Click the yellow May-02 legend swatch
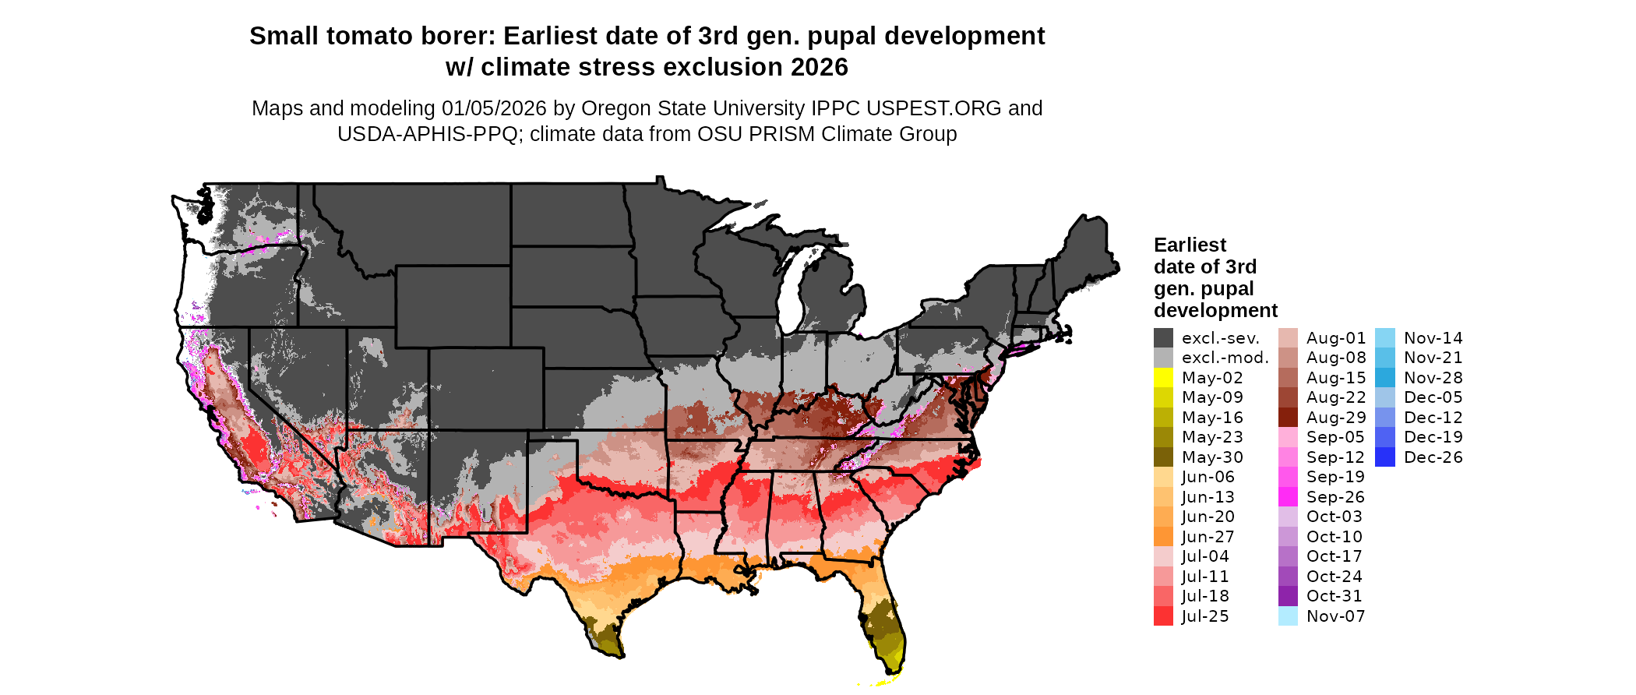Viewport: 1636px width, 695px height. [x=1163, y=378]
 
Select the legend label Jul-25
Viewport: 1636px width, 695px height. [x=1205, y=616]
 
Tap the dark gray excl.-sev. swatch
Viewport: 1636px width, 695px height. [x=1163, y=338]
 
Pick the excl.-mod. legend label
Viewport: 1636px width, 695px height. [x=1225, y=358]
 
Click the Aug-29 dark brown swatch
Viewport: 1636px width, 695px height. [x=1288, y=418]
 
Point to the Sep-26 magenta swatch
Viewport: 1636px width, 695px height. [x=1288, y=497]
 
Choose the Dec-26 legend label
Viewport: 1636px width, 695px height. [x=1433, y=457]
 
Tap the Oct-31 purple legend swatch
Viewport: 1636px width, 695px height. [x=1288, y=596]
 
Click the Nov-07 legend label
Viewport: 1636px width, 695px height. [x=1335, y=616]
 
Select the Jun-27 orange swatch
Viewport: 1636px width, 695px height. [x=1163, y=537]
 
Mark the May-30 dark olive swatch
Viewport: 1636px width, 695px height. [x=1163, y=457]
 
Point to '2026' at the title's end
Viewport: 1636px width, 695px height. [x=819, y=68]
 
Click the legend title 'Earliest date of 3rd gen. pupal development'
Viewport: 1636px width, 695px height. [x=1215, y=278]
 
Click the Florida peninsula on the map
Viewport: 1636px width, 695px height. [x=884, y=623]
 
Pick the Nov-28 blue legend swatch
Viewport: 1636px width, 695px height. [x=1385, y=378]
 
